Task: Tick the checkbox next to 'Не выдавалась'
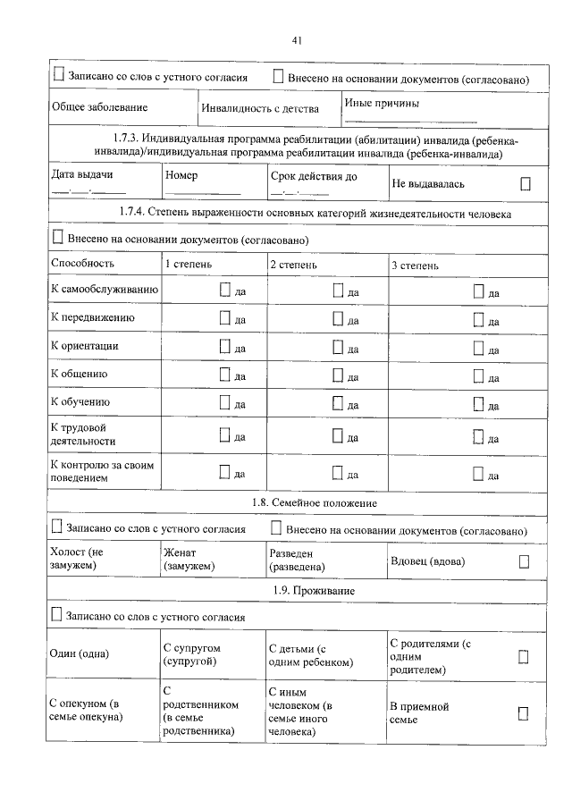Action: coord(526,183)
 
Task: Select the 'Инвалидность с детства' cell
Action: coord(259,108)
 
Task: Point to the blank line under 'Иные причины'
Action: coord(410,121)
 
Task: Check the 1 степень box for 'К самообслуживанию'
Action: coord(225,291)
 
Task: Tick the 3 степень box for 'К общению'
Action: coord(478,376)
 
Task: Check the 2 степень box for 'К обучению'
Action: coord(338,404)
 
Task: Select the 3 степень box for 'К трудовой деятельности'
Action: coord(478,437)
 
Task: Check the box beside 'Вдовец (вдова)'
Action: coord(525,561)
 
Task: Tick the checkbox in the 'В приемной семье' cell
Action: coord(524,712)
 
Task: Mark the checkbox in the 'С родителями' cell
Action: coord(524,657)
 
